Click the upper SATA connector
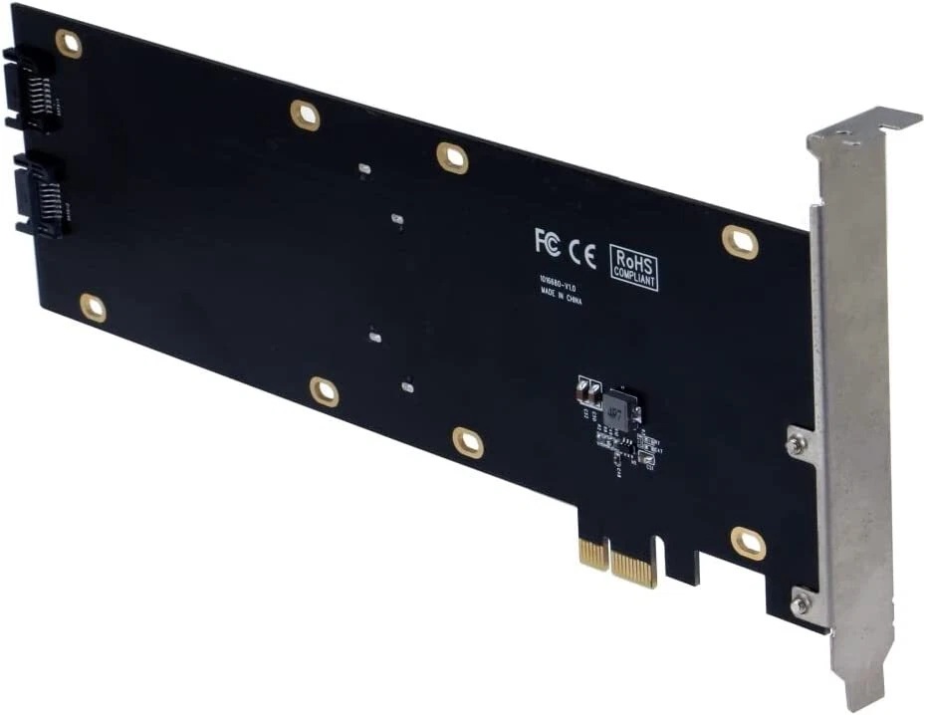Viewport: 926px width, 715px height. click(x=31, y=90)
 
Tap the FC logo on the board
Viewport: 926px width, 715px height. click(x=547, y=241)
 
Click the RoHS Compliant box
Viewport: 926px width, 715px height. click(x=633, y=267)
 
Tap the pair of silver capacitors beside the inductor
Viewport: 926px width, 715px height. click(x=588, y=391)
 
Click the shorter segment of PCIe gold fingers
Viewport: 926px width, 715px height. click(x=593, y=553)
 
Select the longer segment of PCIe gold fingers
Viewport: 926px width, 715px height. click(x=634, y=567)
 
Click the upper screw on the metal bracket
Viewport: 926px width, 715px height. click(x=796, y=445)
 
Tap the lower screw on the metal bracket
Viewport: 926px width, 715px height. click(x=801, y=602)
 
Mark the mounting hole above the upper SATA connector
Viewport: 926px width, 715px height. click(x=69, y=43)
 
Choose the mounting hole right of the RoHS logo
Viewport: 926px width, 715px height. click(x=740, y=241)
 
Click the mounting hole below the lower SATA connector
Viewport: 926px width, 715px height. click(x=93, y=308)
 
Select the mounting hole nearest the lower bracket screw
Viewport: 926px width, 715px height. click(x=748, y=543)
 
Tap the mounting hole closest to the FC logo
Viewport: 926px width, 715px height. click(x=452, y=157)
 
